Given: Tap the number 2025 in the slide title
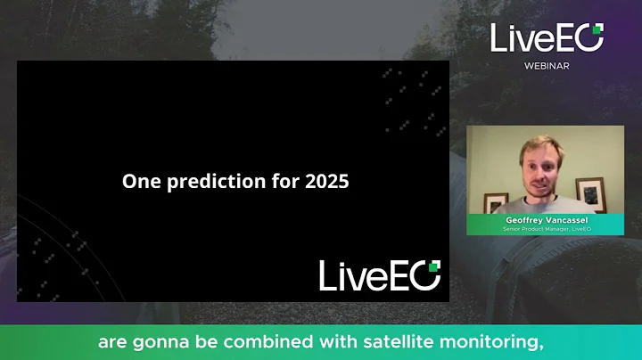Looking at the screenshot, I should [325, 182].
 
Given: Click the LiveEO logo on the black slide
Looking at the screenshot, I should [380, 275].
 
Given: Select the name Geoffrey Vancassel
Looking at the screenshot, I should [546, 219].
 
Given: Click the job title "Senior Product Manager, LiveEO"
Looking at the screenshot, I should [546, 229].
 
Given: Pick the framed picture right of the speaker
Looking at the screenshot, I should [590, 191].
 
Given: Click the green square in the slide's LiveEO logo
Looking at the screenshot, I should [434, 266].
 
